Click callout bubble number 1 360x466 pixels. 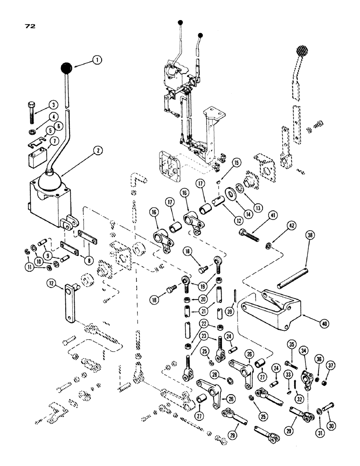pos(97,60)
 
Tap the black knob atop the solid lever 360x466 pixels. pos(69,68)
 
